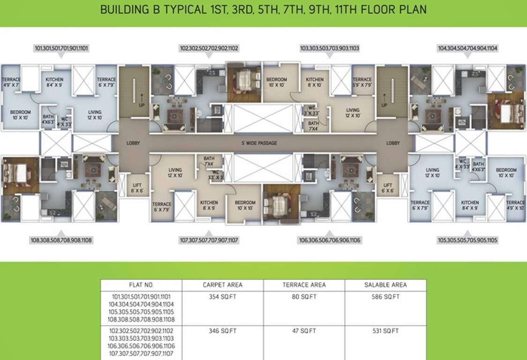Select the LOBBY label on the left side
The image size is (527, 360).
click(x=134, y=143)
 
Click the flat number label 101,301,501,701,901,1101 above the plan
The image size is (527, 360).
click(x=62, y=48)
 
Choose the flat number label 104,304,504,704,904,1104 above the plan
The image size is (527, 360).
click(x=468, y=48)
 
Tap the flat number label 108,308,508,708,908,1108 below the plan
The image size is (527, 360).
click(x=62, y=240)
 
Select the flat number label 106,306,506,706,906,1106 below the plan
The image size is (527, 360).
click(x=330, y=240)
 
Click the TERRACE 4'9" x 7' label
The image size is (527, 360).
click(x=11, y=82)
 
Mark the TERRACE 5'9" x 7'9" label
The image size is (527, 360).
click(x=362, y=82)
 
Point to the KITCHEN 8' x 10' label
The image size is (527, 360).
click(x=315, y=82)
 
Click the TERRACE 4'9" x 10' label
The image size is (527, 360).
click(x=515, y=205)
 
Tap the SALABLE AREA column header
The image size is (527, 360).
click(x=386, y=285)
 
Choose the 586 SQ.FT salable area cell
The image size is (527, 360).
click(x=386, y=297)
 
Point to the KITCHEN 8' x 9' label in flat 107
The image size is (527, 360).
click(x=209, y=205)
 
